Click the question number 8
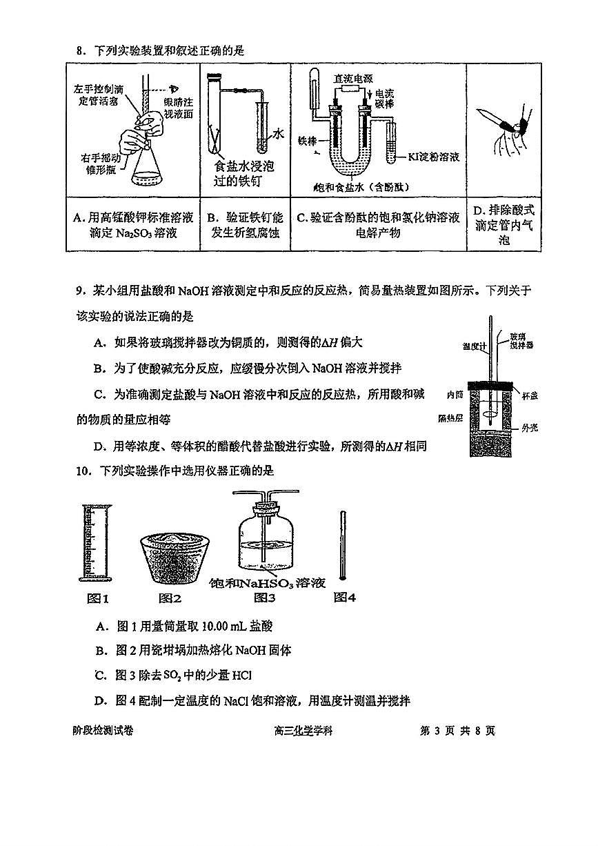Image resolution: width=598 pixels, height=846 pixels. point(79,50)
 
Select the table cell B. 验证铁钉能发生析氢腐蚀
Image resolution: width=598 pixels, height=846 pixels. point(245,225)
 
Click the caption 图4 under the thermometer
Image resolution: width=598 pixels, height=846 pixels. point(344,598)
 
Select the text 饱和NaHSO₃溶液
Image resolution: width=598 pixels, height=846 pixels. point(267,583)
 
